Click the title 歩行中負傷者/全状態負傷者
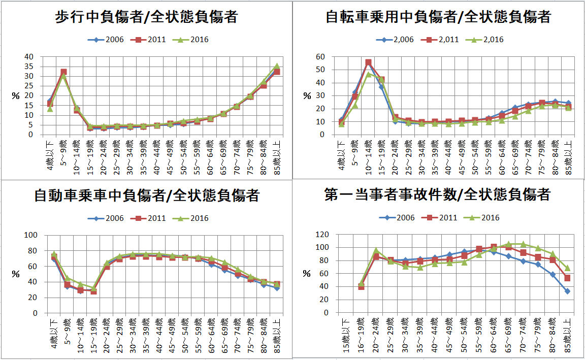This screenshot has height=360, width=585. (x=146, y=17)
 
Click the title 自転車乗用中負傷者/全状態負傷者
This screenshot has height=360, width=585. (x=438, y=17)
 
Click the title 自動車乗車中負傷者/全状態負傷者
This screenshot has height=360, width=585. (x=146, y=195)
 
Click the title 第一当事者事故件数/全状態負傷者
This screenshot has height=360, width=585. (x=437, y=194)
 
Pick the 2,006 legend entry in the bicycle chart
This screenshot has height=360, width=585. (x=395, y=40)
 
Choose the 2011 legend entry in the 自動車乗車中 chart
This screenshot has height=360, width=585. (x=150, y=218)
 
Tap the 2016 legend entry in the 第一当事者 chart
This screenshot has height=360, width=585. (x=483, y=218)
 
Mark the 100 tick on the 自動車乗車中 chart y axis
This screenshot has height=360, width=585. (x=31, y=235)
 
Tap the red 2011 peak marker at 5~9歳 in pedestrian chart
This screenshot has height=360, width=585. (x=63, y=72)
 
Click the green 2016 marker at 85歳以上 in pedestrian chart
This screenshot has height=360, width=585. (x=277, y=66)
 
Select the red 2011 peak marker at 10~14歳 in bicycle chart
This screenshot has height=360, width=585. (x=368, y=62)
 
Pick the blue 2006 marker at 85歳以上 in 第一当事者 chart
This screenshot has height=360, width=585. (x=567, y=291)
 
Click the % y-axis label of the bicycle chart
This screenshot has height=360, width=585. (x=306, y=95)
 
